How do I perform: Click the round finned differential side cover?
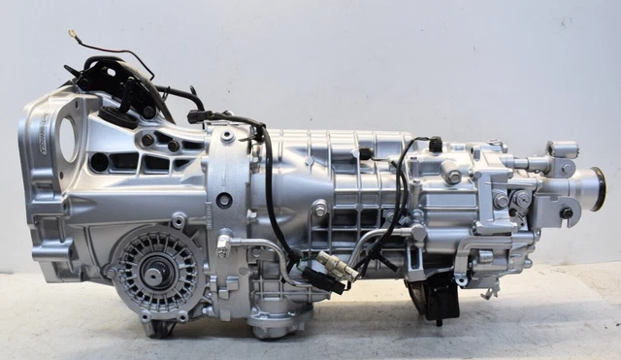[x=155, y=273]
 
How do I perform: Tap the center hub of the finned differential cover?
[x=154, y=275]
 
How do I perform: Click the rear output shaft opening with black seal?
[x=591, y=188]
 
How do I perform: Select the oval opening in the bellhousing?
[x=68, y=139]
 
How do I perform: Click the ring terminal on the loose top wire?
[x=73, y=36]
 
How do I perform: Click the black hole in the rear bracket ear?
[x=566, y=213]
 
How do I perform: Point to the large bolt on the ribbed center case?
[x=319, y=209]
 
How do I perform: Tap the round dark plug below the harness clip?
[x=224, y=201]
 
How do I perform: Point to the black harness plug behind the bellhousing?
[x=199, y=116]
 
